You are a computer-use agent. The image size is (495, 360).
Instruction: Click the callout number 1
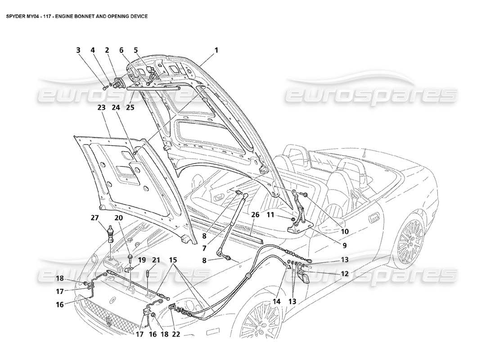[216, 51]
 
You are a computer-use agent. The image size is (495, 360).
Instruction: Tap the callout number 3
[78, 51]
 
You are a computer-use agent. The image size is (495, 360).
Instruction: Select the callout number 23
[101, 108]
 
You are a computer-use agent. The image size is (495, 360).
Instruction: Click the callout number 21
[156, 260]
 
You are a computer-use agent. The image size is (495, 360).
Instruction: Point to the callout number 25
[130, 108]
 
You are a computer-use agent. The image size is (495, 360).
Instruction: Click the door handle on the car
[373, 218]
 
